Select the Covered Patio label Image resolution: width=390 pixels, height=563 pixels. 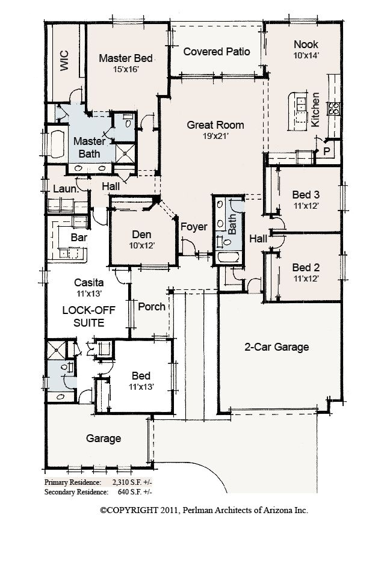217,52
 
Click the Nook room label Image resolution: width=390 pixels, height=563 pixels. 306,45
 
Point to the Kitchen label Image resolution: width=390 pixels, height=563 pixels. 315,109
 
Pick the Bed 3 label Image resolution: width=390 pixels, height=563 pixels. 306,195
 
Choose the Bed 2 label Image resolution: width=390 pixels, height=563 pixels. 306,268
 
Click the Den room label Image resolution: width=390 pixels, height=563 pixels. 141,235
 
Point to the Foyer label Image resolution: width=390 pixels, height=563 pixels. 194,227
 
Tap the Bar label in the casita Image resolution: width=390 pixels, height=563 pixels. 79,238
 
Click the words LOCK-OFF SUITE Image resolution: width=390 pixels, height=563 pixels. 84,316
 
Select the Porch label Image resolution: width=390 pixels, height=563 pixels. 152,307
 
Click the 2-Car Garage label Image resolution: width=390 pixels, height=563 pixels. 276,347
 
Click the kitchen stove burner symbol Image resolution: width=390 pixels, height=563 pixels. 333,108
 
